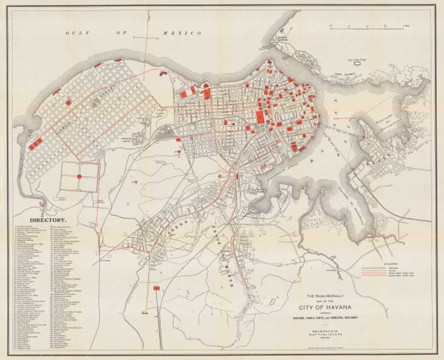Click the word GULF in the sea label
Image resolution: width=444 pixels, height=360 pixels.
coord(75,34)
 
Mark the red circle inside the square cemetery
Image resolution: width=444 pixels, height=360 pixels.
coord(79,177)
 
